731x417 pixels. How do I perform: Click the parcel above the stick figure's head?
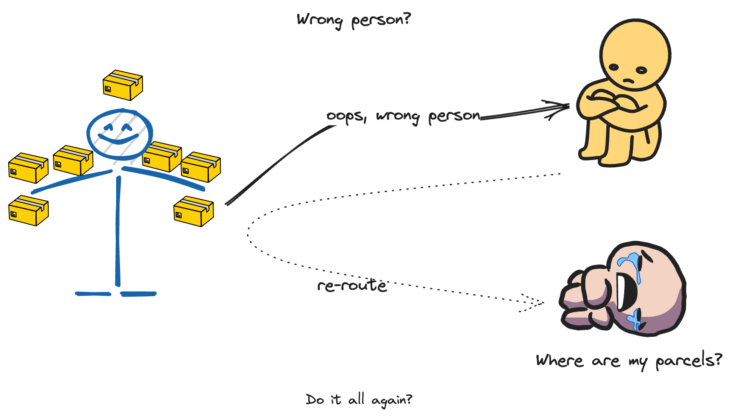[123, 85]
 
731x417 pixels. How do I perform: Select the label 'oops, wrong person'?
[404, 117]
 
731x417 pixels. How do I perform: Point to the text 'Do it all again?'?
[359, 400]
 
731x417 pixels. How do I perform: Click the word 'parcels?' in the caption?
[689, 360]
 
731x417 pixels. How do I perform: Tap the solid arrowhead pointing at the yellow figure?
[558, 109]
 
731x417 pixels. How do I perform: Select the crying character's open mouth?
[626, 292]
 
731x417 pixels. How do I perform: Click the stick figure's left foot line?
[93, 294]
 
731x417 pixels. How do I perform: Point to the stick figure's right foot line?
[138, 294]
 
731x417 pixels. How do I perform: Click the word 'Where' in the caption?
[559, 361]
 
